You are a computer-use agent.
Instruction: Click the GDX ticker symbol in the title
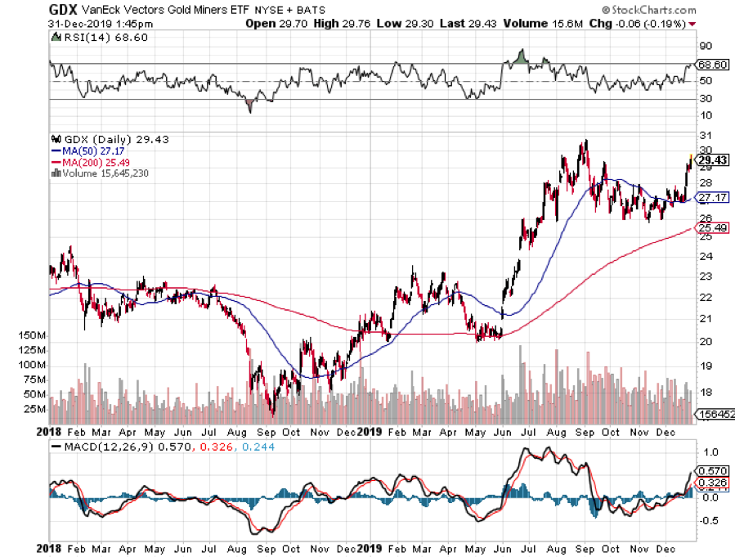pos(63,9)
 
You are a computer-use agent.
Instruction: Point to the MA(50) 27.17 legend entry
pos(89,151)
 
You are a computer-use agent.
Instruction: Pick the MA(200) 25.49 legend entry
pos(92,162)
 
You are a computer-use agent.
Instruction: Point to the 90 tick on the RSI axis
pos(702,46)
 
